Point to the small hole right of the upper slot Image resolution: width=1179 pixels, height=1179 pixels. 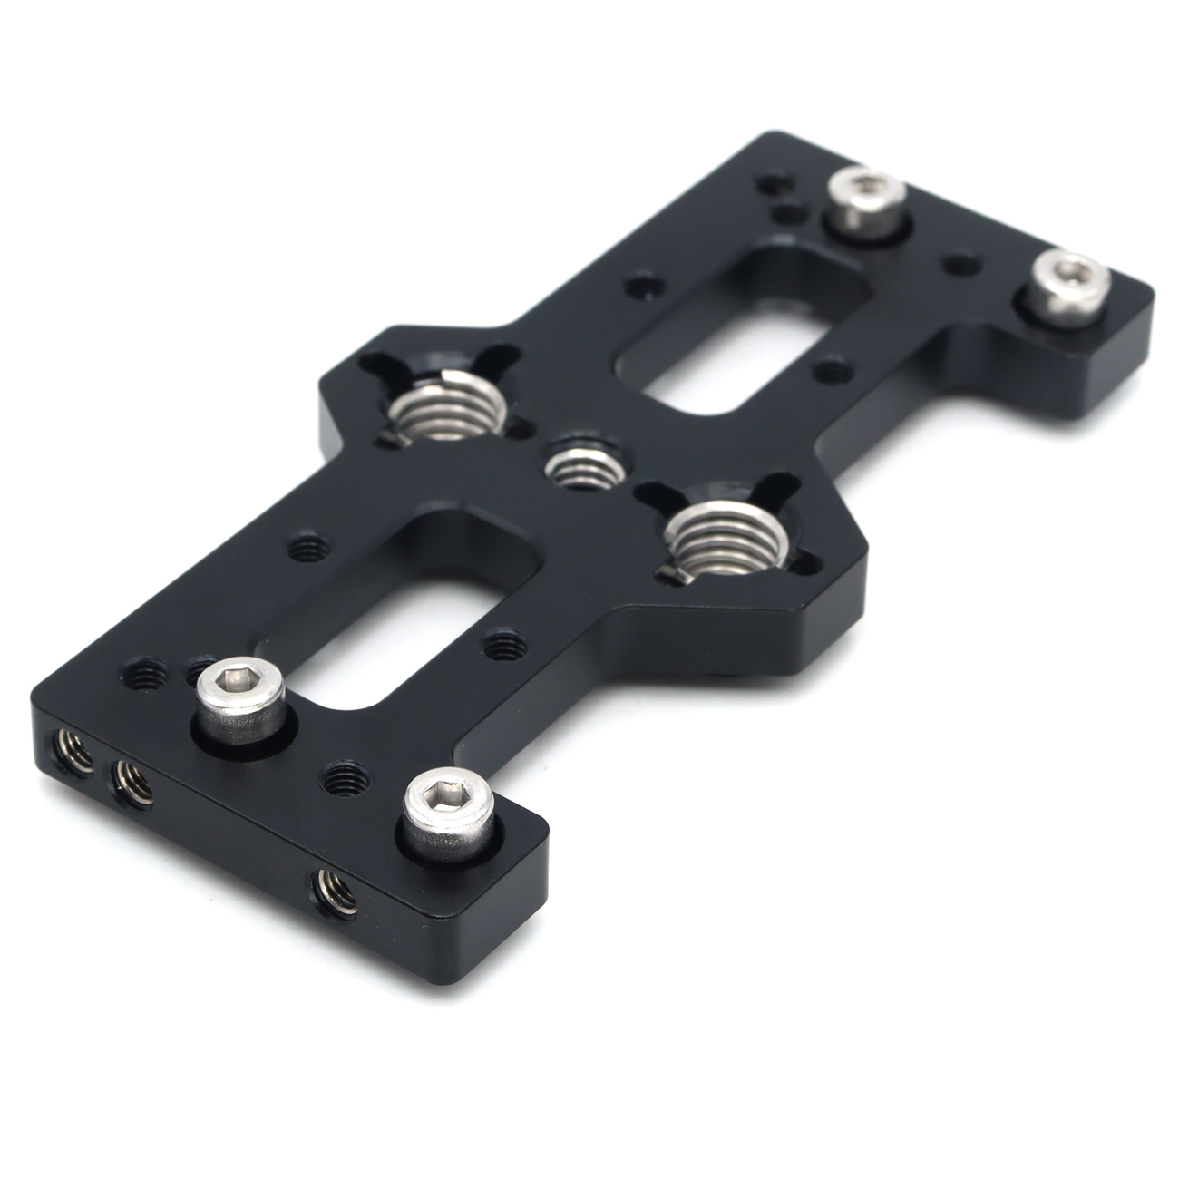[x=830, y=369]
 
